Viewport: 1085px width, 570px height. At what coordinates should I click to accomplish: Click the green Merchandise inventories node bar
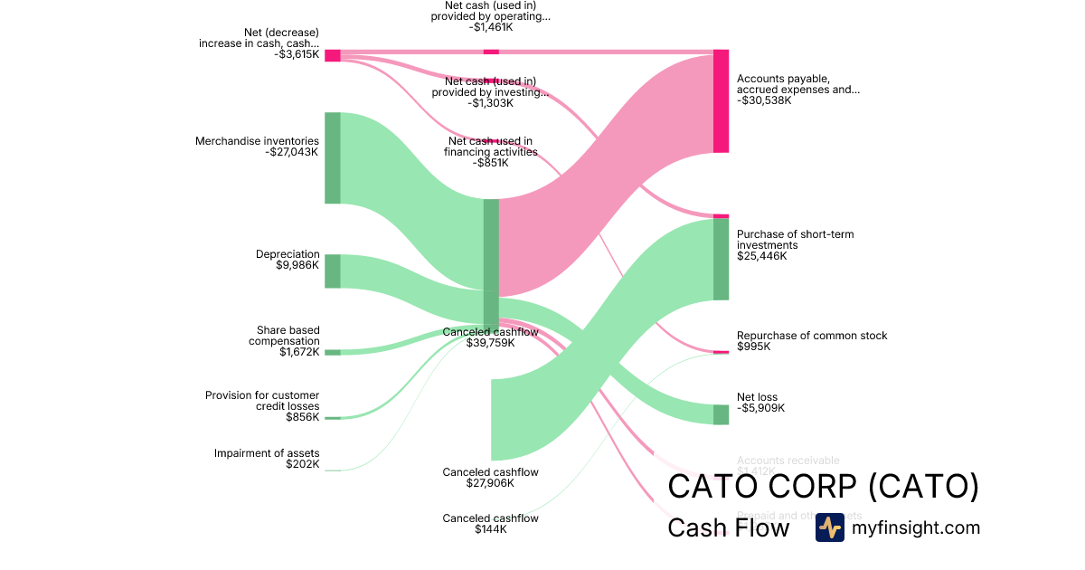333,157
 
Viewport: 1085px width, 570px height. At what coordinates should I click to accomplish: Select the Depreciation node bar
333,271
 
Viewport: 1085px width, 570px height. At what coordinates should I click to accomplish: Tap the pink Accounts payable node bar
721,101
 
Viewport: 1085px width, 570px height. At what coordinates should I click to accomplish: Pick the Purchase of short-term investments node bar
721,259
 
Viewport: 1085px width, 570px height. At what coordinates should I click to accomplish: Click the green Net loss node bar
721,414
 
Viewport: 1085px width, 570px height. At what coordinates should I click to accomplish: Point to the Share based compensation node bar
333,352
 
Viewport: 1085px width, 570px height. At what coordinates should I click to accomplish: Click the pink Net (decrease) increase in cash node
333,55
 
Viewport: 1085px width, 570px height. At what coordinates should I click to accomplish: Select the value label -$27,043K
292,152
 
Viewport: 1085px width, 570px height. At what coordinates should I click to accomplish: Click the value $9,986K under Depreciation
297,265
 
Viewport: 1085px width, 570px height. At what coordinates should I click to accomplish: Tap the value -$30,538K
764,100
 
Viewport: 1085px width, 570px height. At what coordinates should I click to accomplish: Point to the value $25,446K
762,256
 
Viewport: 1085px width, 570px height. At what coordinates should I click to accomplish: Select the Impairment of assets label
267,453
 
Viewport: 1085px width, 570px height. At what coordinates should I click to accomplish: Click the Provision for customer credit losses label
262,401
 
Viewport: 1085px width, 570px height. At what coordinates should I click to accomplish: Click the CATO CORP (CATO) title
823,487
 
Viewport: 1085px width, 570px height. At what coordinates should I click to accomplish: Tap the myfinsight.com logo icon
829,527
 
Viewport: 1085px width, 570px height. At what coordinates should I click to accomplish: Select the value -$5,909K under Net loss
760,408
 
